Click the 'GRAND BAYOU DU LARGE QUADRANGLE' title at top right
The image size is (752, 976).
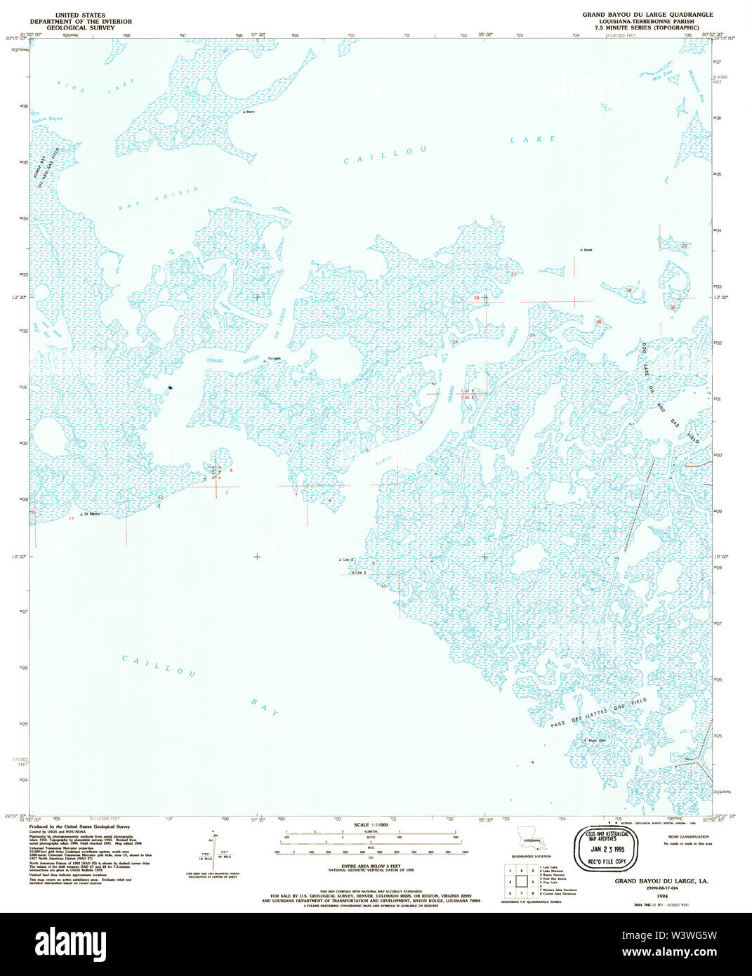click(647, 15)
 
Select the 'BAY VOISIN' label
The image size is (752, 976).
click(159, 199)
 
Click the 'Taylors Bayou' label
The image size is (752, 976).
click(46, 119)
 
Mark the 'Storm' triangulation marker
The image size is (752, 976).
click(248, 112)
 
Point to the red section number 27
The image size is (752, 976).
click(513, 274)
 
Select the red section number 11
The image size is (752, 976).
click(71, 518)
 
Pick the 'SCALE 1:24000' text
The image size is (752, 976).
click(371, 825)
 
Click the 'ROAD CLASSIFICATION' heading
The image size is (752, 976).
click(689, 837)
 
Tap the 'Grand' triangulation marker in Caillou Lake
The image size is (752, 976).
click(585, 250)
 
